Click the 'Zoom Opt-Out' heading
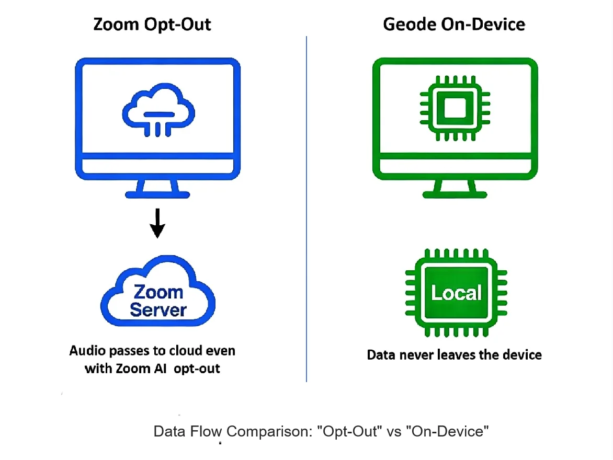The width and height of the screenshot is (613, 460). pos(152,25)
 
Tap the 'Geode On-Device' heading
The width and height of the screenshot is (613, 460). pos(454,25)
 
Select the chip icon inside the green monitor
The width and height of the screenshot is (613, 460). pos(455,108)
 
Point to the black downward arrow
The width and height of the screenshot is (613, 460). pos(157,223)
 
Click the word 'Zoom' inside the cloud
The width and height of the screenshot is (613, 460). pos(158,292)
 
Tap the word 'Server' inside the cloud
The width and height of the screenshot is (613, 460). pos(158,310)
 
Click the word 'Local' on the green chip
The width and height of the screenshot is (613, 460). pos(456,293)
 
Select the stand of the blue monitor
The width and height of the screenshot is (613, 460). pos(157,189)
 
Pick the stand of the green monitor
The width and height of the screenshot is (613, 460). pos(455,189)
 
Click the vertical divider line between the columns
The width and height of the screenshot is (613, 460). pos(306,209)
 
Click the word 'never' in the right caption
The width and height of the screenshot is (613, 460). pos(419,355)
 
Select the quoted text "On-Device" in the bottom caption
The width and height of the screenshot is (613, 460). pos(450,432)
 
